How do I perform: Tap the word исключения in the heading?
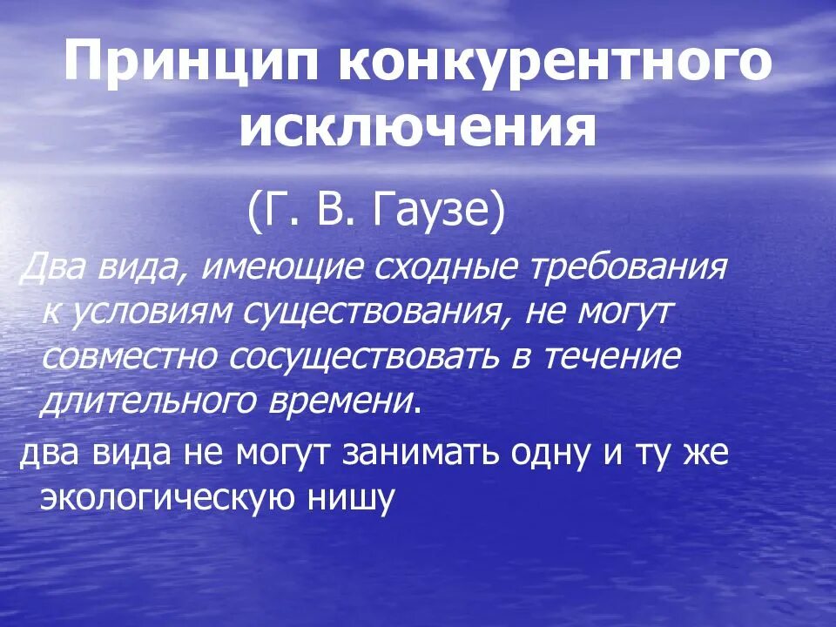[x=418, y=131]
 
